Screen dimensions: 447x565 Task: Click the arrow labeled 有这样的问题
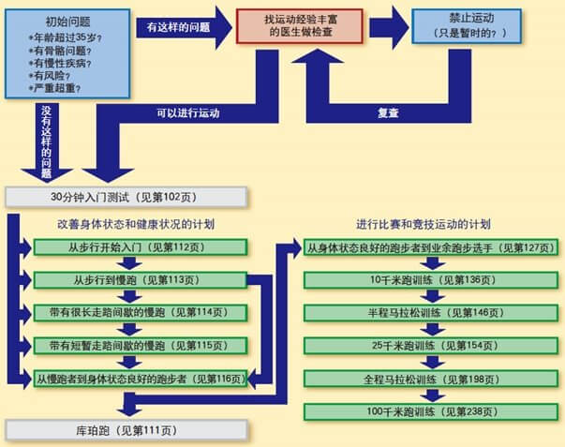tap(177, 27)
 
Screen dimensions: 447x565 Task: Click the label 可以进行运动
tap(188, 114)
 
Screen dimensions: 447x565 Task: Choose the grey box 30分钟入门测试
tap(126, 197)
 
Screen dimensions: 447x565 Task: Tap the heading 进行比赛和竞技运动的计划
tap(424, 225)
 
